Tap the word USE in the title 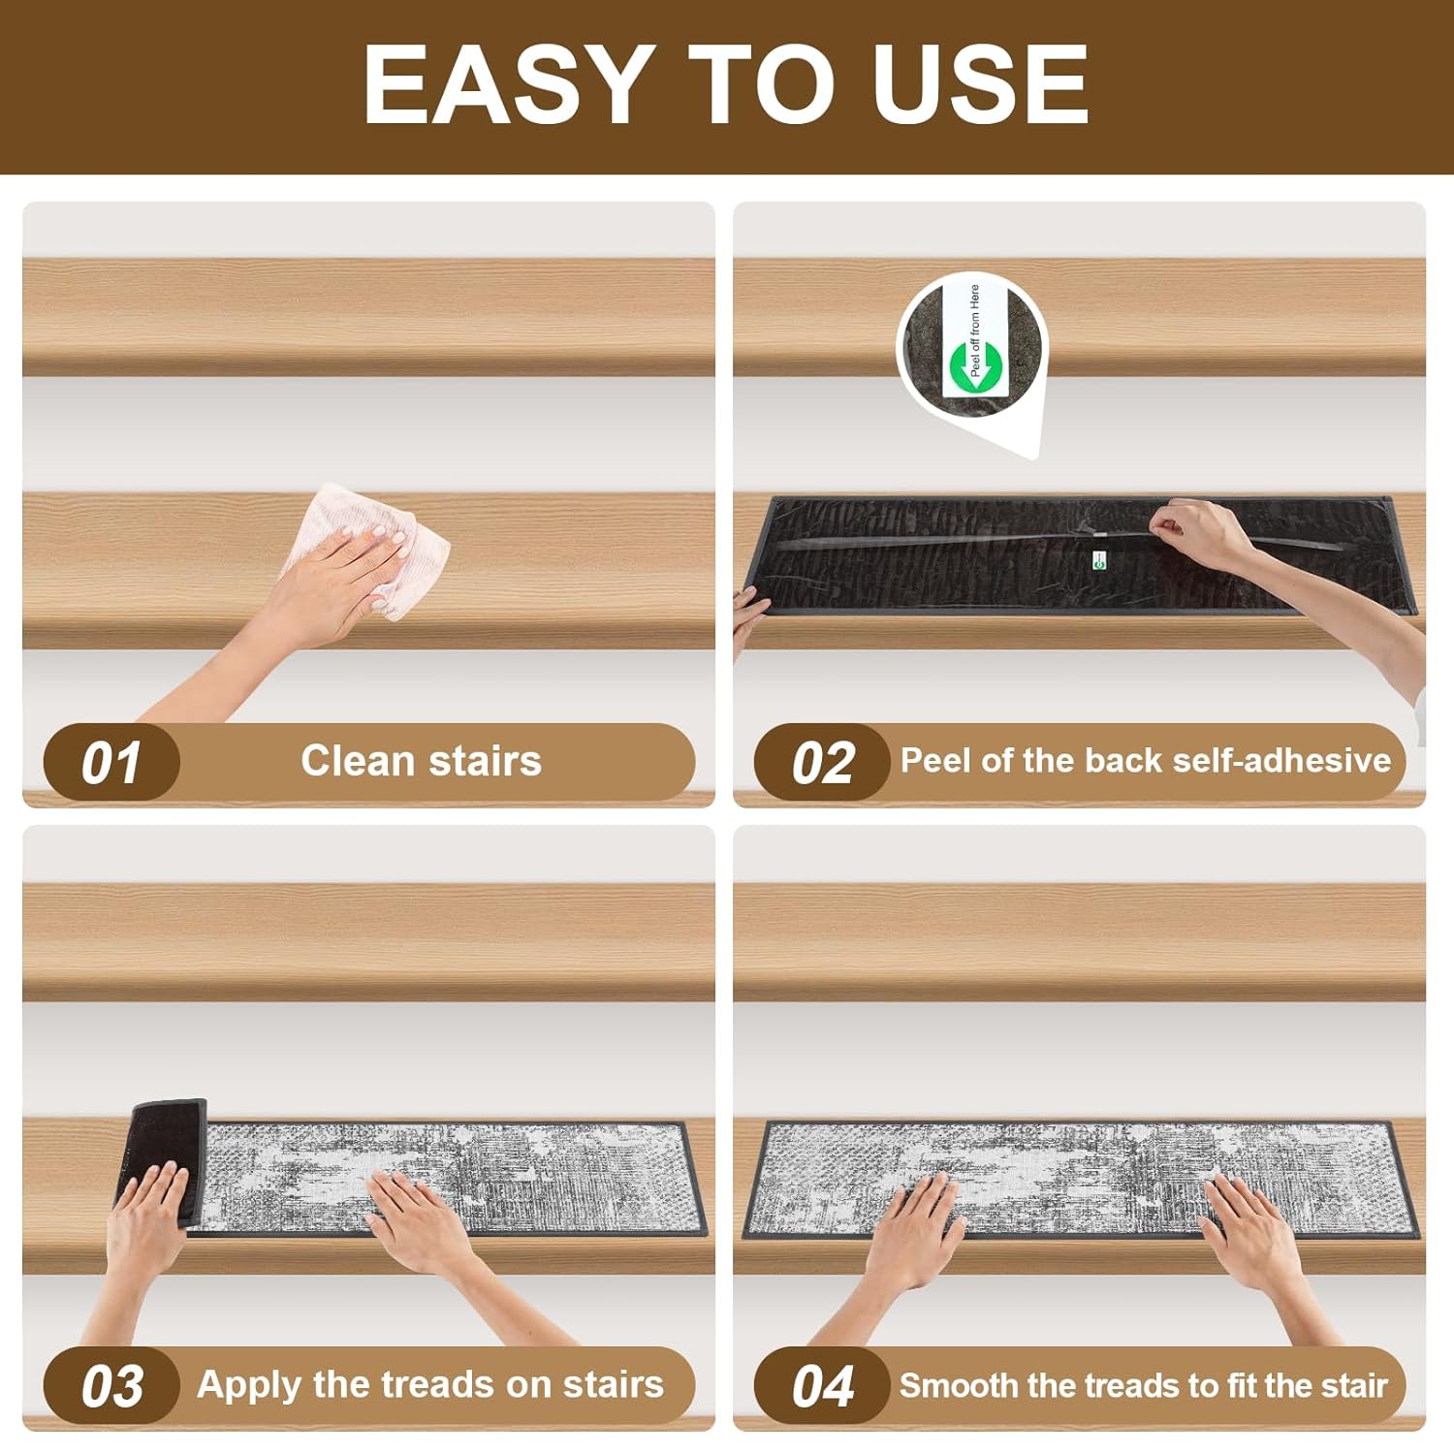coord(980,84)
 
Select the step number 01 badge coord(111,762)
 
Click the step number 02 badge coord(822,762)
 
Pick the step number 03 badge coord(111,1385)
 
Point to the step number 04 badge coord(822,1385)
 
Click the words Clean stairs coord(421,761)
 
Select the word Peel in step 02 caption coord(936,761)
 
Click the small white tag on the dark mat coord(1098,559)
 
